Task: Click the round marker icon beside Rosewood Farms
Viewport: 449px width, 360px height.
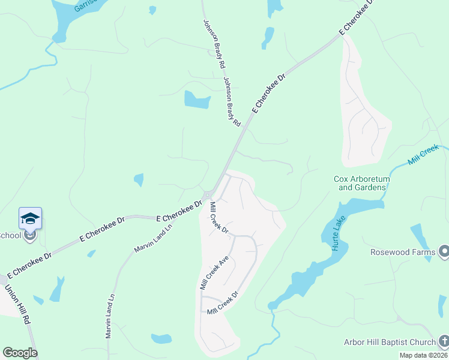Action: tap(444, 251)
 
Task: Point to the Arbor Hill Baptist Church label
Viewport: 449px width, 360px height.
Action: tap(390, 342)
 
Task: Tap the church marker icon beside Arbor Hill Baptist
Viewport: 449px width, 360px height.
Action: tap(444, 342)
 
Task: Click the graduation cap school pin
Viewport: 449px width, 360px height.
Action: tap(30, 219)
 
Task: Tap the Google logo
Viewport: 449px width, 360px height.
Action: tap(20, 352)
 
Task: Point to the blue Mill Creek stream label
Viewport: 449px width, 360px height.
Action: tap(424, 155)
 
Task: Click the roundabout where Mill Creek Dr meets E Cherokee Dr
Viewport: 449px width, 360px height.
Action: tap(208, 194)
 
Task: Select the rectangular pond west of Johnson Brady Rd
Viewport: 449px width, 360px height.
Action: tap(197, 100)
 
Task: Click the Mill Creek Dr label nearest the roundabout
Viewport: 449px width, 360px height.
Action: tap(219, 218)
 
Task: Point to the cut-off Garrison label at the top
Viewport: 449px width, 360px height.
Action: tap(85, 5)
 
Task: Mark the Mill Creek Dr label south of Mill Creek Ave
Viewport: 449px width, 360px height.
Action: tap(223, 303)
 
